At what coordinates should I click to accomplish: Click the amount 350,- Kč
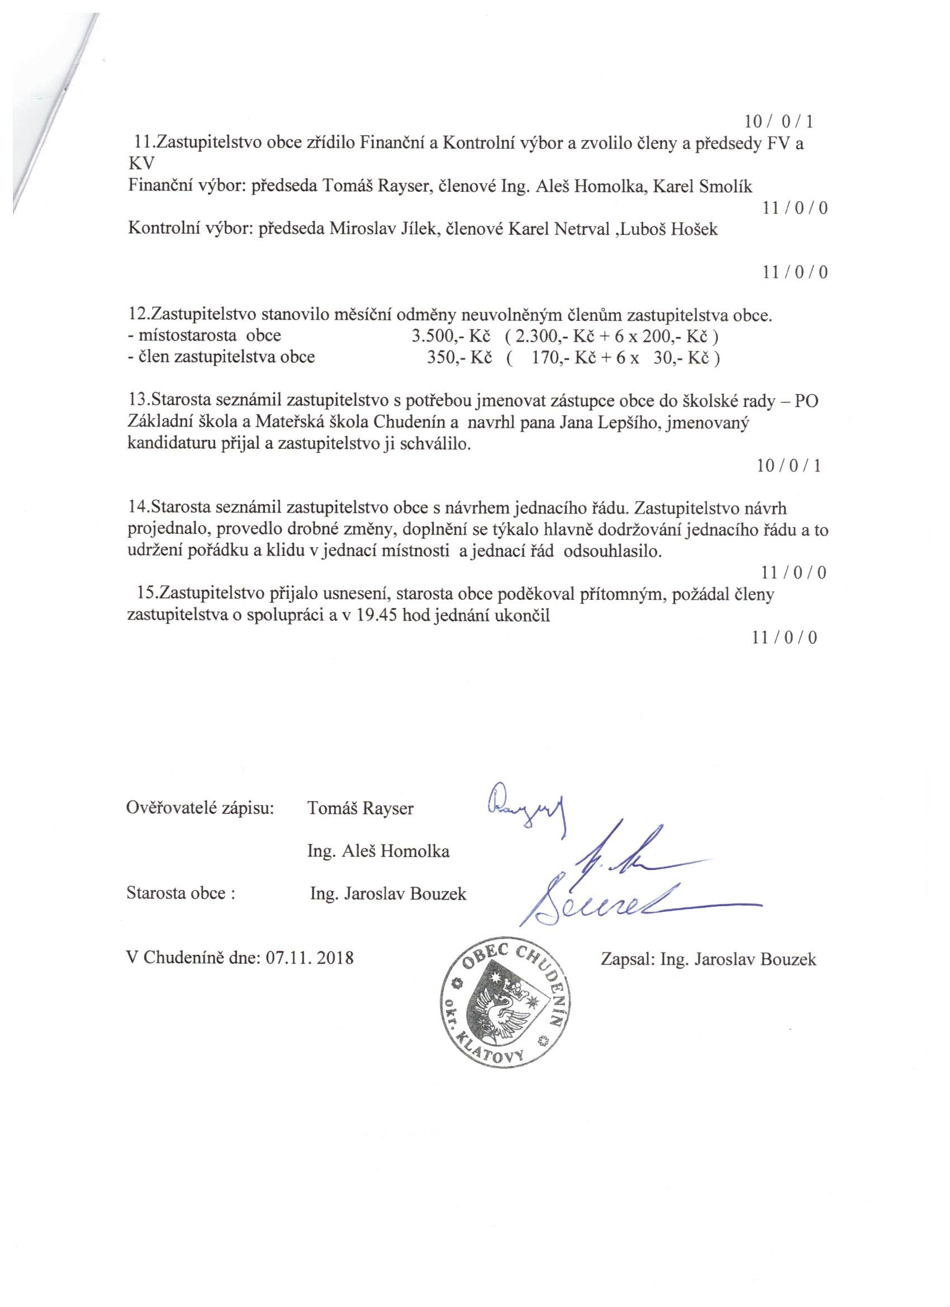tap(459, 357)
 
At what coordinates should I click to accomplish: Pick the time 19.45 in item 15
tap(377, 615)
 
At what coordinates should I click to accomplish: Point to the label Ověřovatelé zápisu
tap(200, 808)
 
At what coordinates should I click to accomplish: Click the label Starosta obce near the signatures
tap(180, 893)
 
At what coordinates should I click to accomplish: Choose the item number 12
tap(138, 315)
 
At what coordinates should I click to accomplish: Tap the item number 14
tap(138, 508)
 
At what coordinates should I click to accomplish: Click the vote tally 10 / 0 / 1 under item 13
tap(788, 466)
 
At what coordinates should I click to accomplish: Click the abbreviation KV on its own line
tap(141, 164)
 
